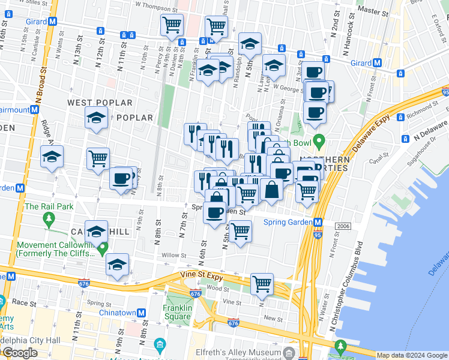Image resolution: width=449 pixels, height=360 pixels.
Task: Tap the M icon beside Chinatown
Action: pyautogui.click(x=141, y=313)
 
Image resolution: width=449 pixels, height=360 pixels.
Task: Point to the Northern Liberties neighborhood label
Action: pyautogui.click(x=324, y=164)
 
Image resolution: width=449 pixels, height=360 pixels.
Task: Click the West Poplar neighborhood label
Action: pyautogui.click(x=93, y=103)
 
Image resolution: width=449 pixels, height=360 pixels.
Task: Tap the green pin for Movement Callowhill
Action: pyautogui.click(x=103, y=247)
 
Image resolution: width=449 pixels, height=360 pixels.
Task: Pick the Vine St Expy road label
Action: pyautogui.click(x=200, y=276)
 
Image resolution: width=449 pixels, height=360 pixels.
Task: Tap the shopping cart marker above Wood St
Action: pyautogui.click(x=262, y=283)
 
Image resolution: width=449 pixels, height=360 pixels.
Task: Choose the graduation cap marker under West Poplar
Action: pyautogui.click(x=96, y=119)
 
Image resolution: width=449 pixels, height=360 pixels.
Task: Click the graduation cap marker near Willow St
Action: pyautogui.click(x=117, y=264)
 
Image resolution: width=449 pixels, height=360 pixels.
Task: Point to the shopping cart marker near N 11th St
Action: pyautogui.click(x=98, y=158)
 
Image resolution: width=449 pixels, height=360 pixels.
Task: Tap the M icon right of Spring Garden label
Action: pyautogui.click(x=319, y=222)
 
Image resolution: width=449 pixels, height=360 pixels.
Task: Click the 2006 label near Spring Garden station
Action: pyautogui.click(x=343, y=226)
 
